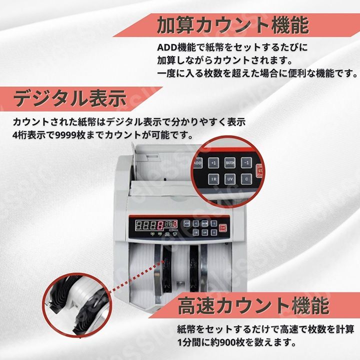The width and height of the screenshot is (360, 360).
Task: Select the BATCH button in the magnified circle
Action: coord(230,162)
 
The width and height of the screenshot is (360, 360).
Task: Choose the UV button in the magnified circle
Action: coord(230,178)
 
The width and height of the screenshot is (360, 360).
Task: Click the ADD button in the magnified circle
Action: coord(197,163)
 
